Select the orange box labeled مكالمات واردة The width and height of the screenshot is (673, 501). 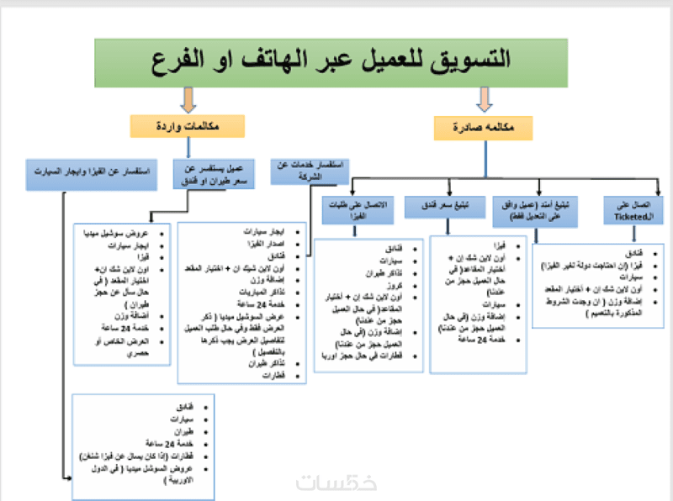point(187,126)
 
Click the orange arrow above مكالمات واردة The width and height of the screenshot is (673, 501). point(187,100)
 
